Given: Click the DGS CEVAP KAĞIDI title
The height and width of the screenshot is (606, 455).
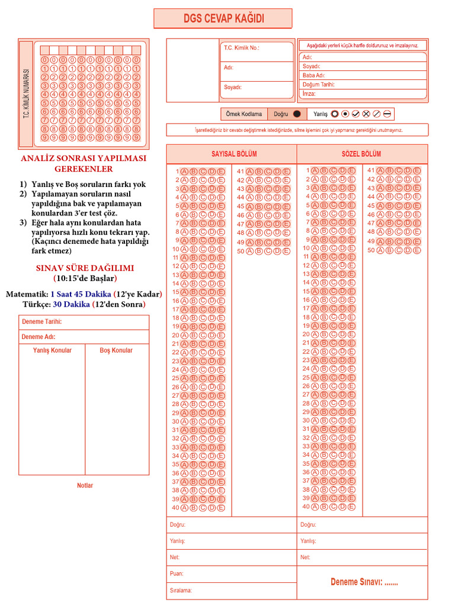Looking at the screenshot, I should (x=223, y=19).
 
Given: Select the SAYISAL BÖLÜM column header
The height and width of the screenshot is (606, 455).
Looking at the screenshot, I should (x=234, y=154).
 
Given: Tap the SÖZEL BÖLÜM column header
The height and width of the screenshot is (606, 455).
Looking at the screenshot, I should (x=361, y=154).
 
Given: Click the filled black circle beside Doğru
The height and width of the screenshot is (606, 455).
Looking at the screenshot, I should (x=297, y=114).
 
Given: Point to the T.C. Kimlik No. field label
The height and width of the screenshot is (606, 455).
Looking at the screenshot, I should (x=241, y=48).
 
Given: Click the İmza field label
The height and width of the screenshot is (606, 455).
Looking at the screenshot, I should (x=309, y=94).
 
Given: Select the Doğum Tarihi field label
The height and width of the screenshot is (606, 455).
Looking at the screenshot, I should (x=318, y=85).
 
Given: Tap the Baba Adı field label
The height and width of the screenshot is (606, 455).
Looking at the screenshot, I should (x=313, y=76).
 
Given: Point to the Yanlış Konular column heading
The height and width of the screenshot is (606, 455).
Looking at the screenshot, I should (x=52, y=350).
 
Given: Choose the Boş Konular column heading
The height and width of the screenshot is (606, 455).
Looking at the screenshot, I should (x=116, y=350).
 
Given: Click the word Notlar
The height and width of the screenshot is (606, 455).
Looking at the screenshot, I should (x=85, y=485).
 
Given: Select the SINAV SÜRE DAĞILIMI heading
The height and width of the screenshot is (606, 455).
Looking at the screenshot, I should (x=85, y=268).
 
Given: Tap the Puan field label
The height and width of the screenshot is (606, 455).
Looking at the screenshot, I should (x=177, y=573).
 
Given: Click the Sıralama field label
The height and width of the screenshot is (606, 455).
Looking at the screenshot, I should (x=181, y=590).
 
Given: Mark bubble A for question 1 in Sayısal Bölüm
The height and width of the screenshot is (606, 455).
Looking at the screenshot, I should (x=184, y=172).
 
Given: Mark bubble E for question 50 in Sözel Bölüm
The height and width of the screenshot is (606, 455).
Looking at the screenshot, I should (x=417, y=250).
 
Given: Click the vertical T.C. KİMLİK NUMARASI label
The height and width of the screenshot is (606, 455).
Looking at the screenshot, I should (x=26, y=93).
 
